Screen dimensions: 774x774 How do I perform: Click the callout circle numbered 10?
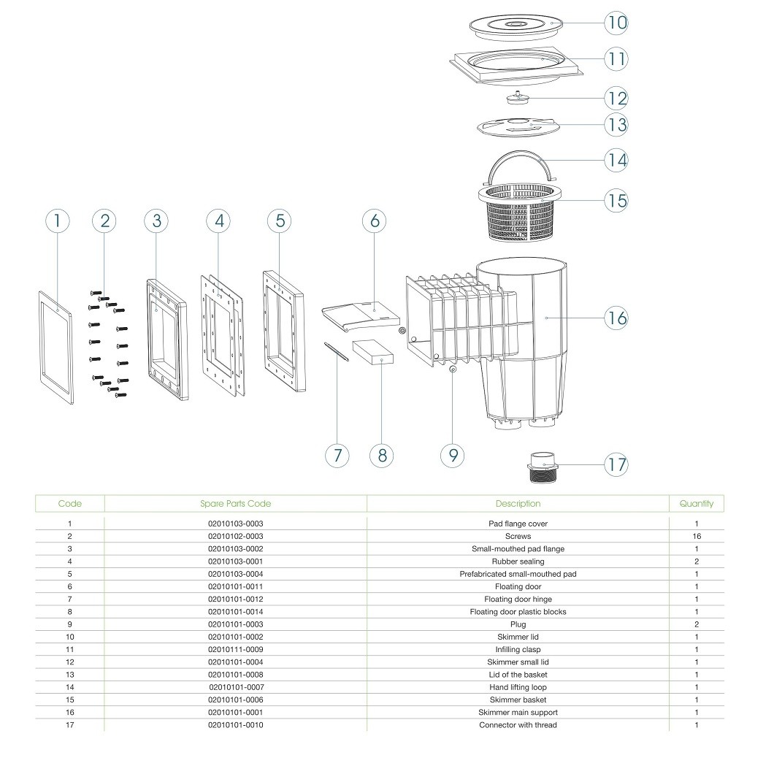617,23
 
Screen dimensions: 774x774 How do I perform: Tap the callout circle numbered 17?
617,464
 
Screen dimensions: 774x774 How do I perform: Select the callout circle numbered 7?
337,455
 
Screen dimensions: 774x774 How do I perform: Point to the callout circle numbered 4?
218,220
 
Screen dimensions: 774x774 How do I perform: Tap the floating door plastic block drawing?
373,351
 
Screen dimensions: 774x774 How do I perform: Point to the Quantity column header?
696,504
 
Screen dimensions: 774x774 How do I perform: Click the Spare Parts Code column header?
235,504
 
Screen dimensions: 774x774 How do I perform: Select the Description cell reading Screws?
518,537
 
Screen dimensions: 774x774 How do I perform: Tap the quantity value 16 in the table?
697,537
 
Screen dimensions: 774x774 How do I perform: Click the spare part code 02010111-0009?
235,649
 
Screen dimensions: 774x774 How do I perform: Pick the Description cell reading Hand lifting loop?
518,687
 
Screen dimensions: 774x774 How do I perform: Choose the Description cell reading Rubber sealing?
518,562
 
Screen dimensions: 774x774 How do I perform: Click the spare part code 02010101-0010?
235,724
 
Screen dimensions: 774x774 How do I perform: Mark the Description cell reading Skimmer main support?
518,712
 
